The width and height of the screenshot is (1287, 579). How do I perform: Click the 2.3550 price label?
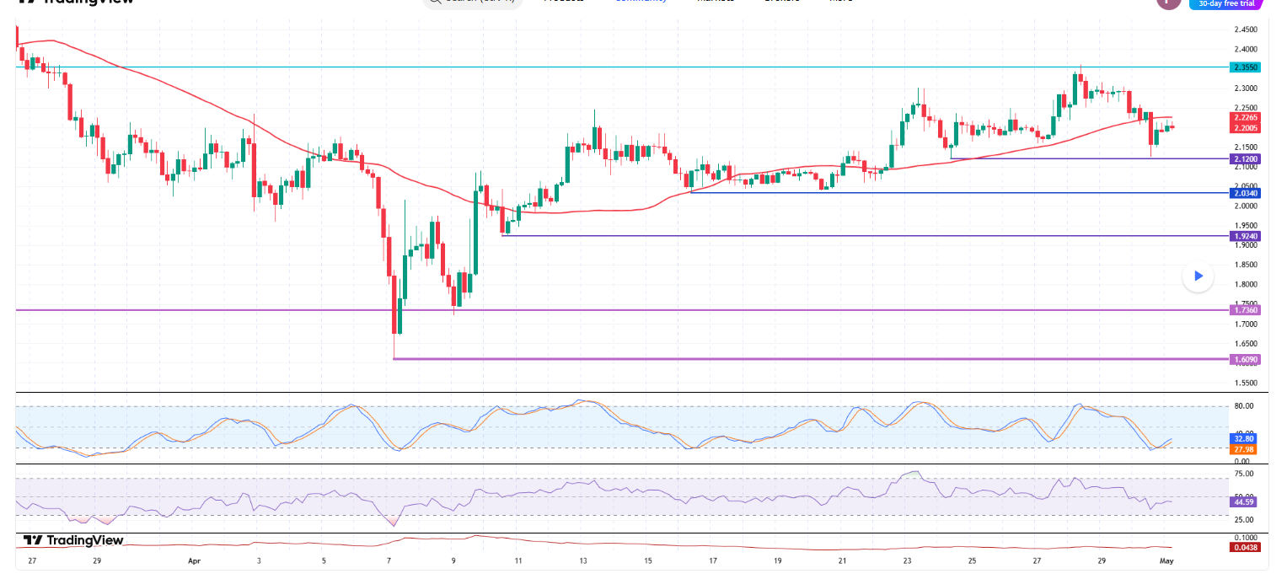[1245, 67]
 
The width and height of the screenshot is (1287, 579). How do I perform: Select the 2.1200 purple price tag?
[1245, 158]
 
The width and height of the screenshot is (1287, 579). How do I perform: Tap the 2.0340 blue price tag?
[1245, 193]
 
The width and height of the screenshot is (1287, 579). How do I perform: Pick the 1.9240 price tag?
[1245, 236]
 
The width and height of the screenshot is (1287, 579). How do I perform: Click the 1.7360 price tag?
[1245, 310]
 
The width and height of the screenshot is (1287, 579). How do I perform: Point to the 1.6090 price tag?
[1245, 359]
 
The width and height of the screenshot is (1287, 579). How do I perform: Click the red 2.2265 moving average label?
[1245, 117]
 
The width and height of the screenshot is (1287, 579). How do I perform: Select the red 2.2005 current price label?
[1245, 127]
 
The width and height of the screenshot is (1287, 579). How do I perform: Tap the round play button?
[1198, 276]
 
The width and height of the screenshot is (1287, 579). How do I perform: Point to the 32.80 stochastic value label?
[1244, 439]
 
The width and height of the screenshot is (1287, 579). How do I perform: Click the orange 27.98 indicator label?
[1244, 449]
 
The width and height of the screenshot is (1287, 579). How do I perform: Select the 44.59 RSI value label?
[1244, 502]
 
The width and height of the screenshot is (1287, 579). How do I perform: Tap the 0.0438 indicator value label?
[1244, 548]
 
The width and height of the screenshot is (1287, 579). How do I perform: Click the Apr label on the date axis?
[194, 560]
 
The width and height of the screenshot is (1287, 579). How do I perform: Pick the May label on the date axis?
[1166, 560]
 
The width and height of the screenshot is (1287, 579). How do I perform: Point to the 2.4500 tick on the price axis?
[1246, 29]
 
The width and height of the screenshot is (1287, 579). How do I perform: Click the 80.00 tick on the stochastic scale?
[1243, 406]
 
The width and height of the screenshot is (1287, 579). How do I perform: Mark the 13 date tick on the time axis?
[582, 560]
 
